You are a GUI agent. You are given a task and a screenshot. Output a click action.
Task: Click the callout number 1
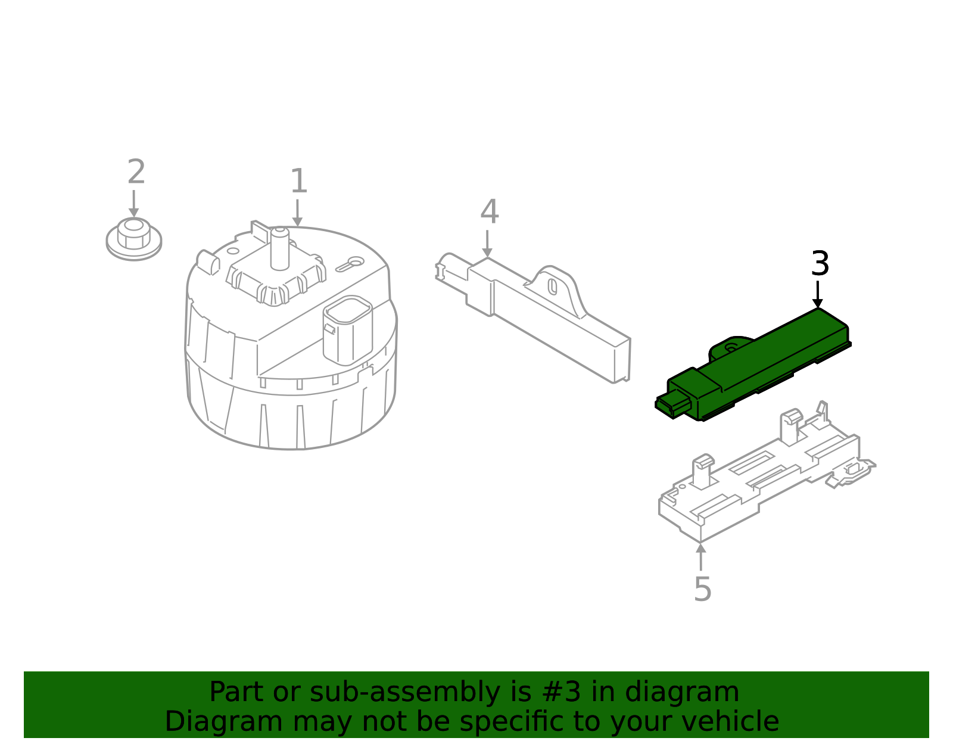click(x=298, y=181)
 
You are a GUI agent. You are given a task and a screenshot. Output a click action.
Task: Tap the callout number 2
click(x=136, y=172)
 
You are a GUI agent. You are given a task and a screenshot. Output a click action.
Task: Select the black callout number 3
click(x=820, y=263)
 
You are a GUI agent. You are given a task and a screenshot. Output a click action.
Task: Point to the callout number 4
click(x=489, y=212)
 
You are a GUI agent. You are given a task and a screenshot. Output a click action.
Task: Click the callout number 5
click(x=702, y=589)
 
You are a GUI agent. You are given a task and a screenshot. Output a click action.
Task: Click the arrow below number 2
click(x=133, y=204)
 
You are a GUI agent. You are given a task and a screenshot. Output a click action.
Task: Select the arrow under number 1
click(x=297, y=213)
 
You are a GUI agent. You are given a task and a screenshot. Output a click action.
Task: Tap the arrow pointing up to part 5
click(x=701, y=556)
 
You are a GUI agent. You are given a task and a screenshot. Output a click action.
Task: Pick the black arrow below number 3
click(x=817, y=294)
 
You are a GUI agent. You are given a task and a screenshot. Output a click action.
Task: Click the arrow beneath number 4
click(x=487, y=244)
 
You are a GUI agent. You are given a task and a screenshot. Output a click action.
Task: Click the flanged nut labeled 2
click(x=133, y=238)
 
